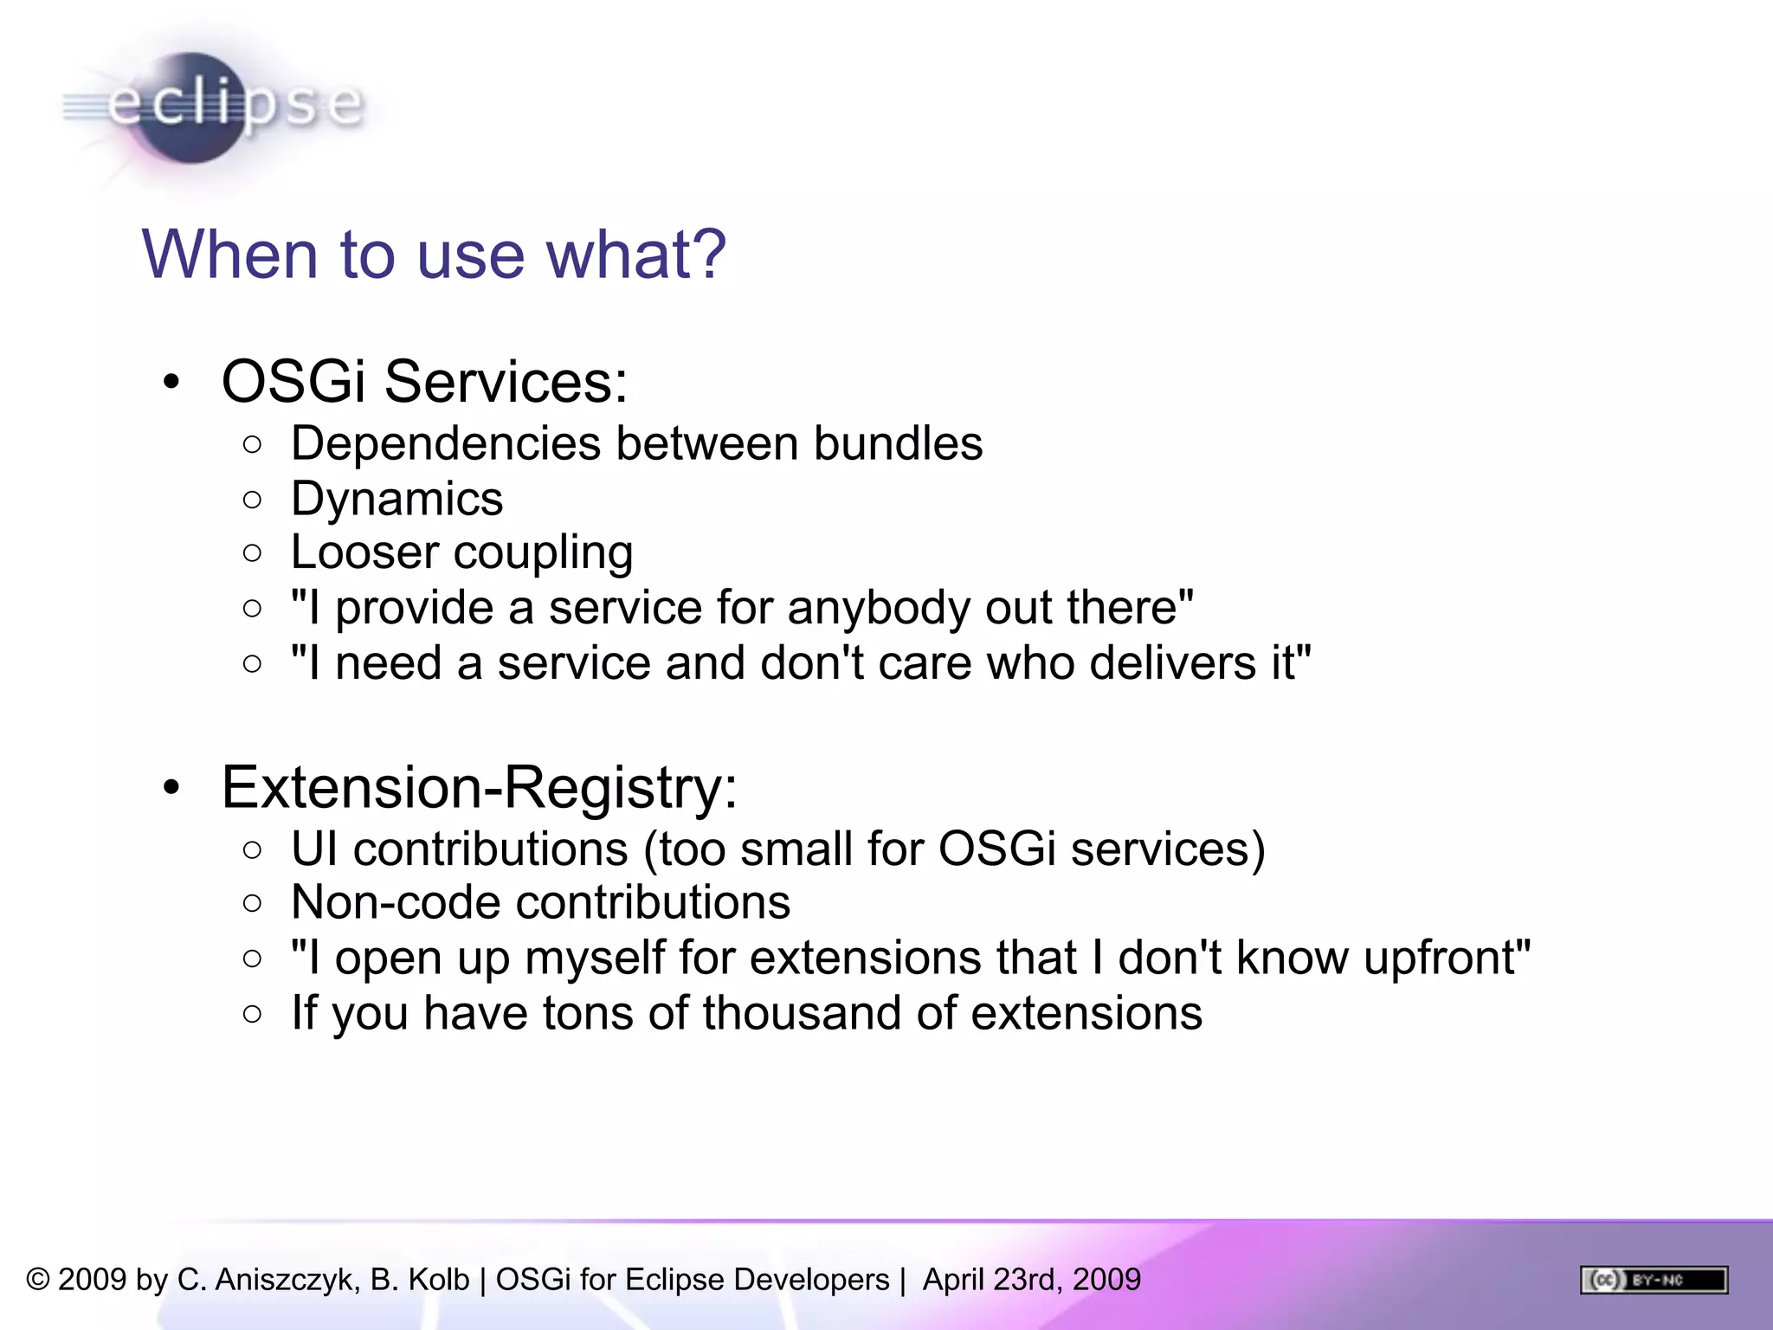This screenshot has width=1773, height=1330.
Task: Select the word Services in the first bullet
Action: tap(506, 381)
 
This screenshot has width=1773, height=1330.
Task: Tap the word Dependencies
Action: tap(445, 444)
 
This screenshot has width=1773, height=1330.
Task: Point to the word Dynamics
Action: tap(397, 500)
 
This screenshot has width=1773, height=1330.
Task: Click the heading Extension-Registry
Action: tap(479, 787)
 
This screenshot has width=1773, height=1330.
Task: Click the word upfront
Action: tap(1447, 959)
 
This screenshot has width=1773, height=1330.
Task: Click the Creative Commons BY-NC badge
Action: tap(1654, 1280)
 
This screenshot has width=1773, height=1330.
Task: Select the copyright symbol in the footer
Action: tap(38, 1280)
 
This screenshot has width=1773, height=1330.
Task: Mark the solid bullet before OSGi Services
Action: tap(171, 382)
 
